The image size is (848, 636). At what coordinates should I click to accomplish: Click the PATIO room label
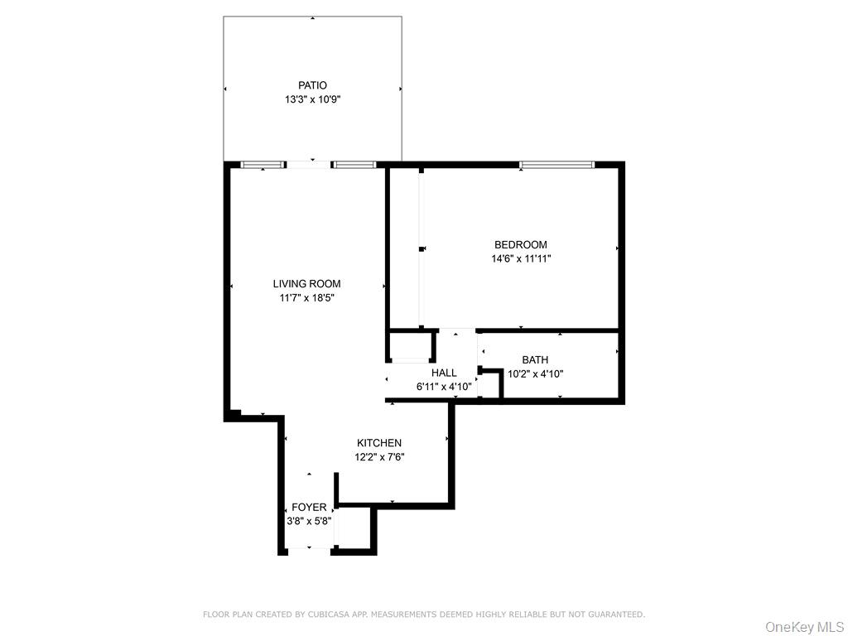point(312,85)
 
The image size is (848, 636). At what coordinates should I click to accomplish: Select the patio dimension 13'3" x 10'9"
point(312,99)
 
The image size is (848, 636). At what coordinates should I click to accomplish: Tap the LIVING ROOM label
point(306,284)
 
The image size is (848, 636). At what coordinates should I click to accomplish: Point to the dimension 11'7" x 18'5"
point(306,298)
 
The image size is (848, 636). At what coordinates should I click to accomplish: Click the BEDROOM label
point(520,244)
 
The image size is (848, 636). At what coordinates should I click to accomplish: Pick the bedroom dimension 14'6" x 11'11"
point(520,258)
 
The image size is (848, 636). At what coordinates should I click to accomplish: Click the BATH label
point(535,359)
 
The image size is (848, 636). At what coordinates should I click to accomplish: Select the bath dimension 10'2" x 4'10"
point(535,373)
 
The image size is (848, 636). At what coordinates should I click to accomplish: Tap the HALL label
point(444,373)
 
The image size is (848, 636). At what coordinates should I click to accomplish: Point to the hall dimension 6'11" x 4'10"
point(444,387)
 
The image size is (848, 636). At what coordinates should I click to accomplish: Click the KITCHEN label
point(379,443)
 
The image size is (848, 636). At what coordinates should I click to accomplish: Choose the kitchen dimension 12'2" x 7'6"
point(379,457)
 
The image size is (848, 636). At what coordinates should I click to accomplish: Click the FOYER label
point(309,508)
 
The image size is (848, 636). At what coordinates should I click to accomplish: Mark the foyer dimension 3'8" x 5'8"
point(309,522)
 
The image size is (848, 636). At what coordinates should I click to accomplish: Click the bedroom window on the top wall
point(556,165)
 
